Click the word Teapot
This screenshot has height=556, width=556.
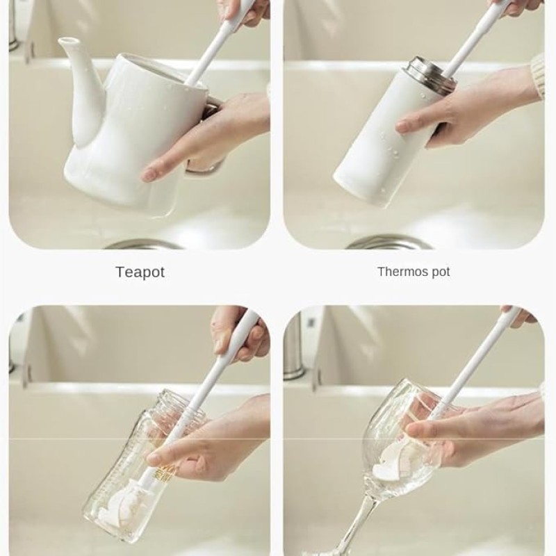[140, 272]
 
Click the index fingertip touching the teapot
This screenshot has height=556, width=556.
[148, 174]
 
